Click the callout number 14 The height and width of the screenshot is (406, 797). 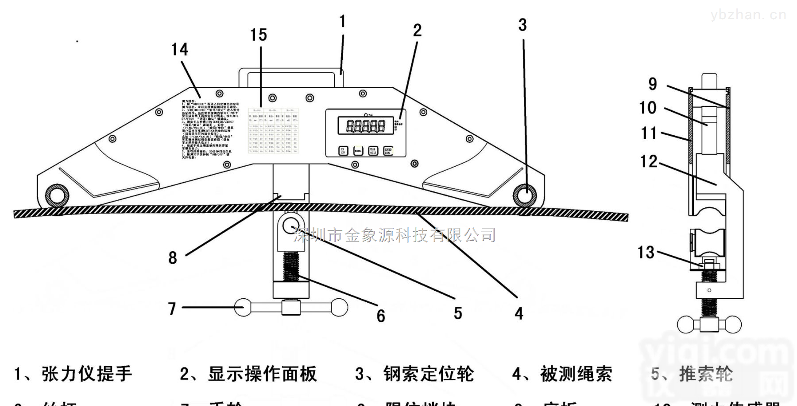pos(179,50)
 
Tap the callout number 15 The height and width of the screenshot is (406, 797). pos(259,35)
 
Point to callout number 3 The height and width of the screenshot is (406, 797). pos(522,25)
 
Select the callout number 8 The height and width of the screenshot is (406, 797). pos(173,258)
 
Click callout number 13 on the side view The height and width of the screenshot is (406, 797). pos(646,253)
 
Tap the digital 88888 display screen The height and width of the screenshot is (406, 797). pos(365,126)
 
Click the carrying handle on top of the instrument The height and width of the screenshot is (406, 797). pos(291,72)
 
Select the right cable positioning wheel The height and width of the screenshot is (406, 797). pos(525,195)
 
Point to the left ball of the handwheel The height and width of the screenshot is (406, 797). pos(243,308)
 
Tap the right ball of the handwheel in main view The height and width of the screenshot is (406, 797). pos(339,308)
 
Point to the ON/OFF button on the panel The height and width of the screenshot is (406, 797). pos(343,151)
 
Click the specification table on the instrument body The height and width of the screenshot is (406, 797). pos(273,131)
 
